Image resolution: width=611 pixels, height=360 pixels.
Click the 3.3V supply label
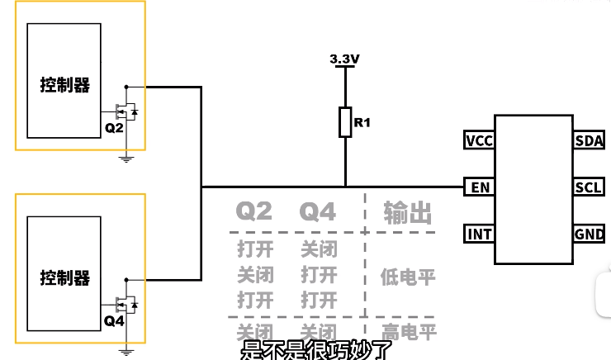point(344,59)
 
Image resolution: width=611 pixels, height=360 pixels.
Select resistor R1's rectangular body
point(345,122)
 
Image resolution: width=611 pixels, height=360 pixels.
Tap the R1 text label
point(362,123)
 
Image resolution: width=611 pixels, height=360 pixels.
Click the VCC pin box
point(479,140)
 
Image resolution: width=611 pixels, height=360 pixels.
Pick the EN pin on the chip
point(480,187)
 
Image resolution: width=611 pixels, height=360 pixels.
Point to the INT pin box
point(479,234)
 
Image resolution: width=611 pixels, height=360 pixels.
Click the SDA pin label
point(589,140)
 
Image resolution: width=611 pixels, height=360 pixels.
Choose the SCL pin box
point(589,187)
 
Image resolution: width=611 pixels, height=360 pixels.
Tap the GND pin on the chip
point(589,234)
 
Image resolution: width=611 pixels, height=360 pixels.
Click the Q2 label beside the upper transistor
point(114,129)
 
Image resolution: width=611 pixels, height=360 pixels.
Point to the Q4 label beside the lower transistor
point(114,321)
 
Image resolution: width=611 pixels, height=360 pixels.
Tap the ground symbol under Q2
point(126,157)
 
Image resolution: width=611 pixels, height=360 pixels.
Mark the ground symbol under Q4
point(126,351)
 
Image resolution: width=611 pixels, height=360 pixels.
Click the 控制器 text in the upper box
point(65,85)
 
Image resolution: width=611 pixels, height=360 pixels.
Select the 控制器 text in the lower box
point(65,278)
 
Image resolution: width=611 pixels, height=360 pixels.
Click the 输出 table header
point(408,213)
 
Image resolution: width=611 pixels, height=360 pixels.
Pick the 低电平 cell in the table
point(408,275)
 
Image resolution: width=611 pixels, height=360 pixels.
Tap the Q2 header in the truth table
point(254,212)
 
